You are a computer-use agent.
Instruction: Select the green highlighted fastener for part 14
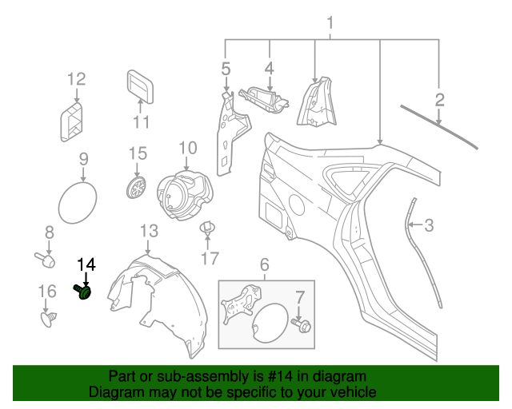click(84, 292)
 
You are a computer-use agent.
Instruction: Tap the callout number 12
click(75, 78)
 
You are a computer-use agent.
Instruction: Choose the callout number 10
click(186, 147)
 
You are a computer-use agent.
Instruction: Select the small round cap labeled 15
click(137, 188)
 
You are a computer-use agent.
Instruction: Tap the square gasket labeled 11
click(141, 86)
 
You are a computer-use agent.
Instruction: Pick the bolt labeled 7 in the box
click(303, 325)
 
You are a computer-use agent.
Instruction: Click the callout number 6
click(264, 264)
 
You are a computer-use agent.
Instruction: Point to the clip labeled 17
click(209, 229)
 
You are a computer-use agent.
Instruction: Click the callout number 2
click(439, 100)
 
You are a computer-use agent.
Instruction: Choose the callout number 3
click(428, 225)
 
